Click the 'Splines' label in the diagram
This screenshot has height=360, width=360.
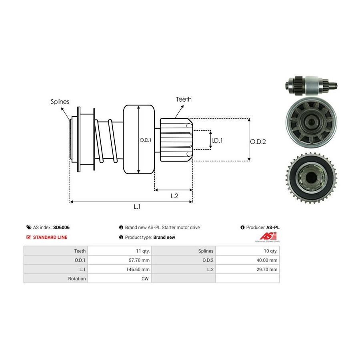pyautogui.click(x=60, y=102)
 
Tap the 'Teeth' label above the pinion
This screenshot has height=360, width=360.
pyautogui.click(x=184, y=99)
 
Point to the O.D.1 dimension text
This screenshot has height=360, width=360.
pyautogui.click(x=145, y=140)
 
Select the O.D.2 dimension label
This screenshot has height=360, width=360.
pyautogui.click(x=258, y=141)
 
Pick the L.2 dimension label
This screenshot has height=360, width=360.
pyautogui.click(x=174, y=196)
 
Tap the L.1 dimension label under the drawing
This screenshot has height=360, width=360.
pyautogui.click(x=137, y=207)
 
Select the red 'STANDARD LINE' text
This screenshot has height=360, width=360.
pyautogui.click(x=50, y=237)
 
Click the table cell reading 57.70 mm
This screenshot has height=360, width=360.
pyautogui.click(x=140, y=260)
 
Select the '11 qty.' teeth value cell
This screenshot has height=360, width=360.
pyautogui.click(x=142, y=251)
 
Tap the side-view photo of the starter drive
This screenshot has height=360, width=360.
pyautogui.click(x=311, y=85)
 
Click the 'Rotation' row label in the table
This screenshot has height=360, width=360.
pyautogui.click(x=77, y=278)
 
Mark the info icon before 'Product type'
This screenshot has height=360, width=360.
pyautogui.click(x=121, y=237)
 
